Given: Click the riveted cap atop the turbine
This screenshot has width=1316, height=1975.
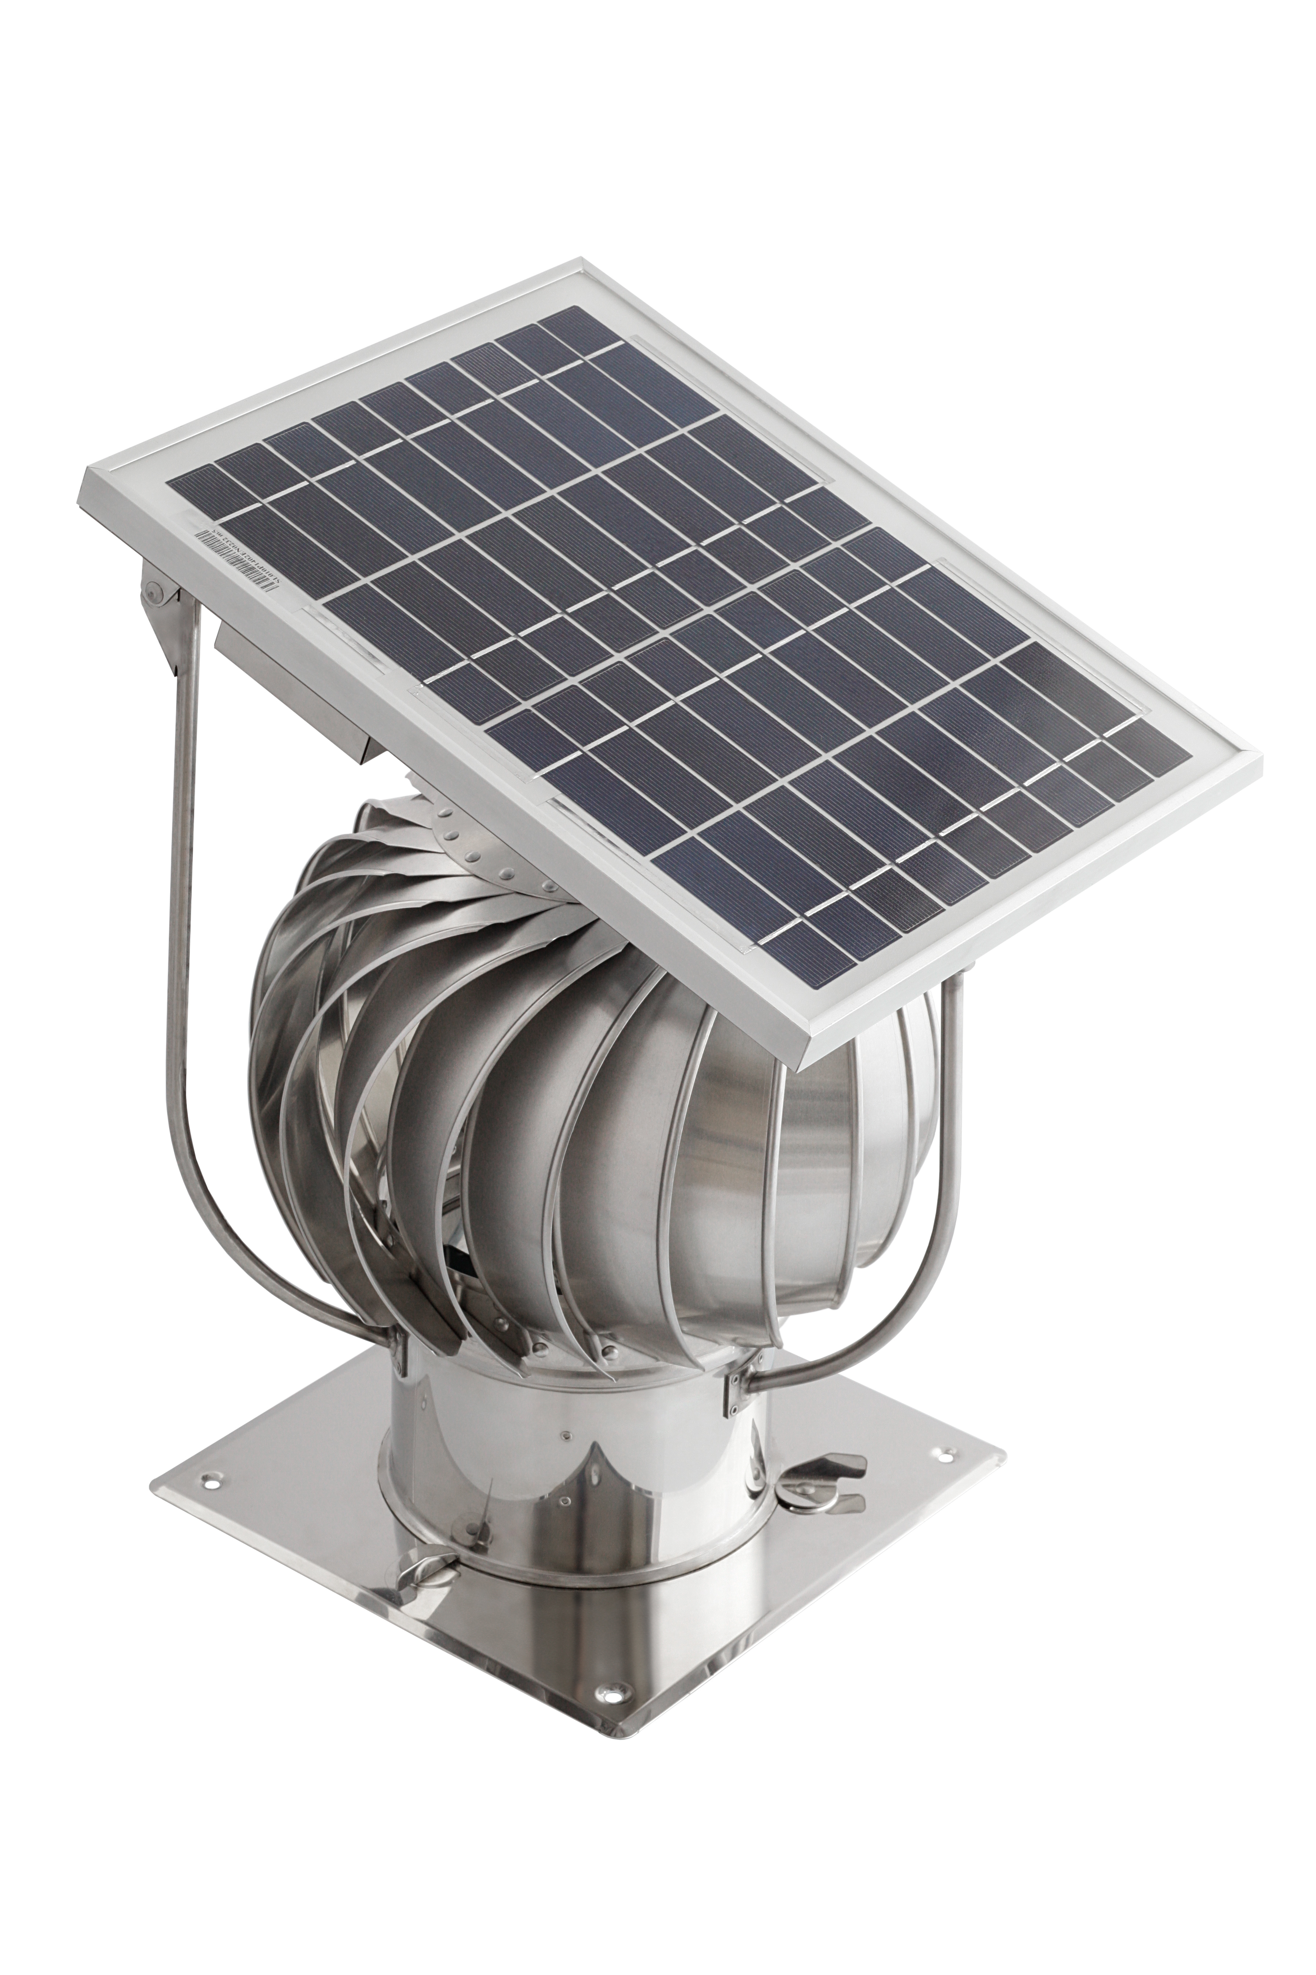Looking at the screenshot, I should (x=470, y=848).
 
